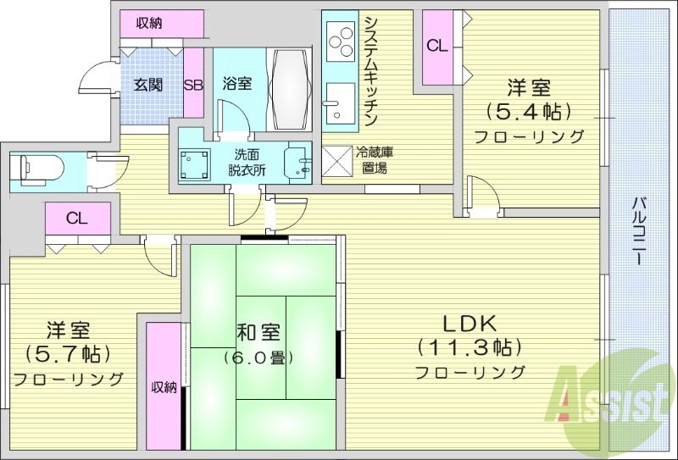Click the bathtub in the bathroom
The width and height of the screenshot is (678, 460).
292,88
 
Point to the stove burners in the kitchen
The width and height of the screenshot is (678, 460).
342,39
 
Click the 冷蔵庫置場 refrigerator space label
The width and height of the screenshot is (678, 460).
374,161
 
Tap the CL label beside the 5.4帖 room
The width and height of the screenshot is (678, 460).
437,47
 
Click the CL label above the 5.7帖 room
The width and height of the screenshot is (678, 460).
76,218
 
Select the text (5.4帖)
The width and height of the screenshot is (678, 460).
527,110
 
